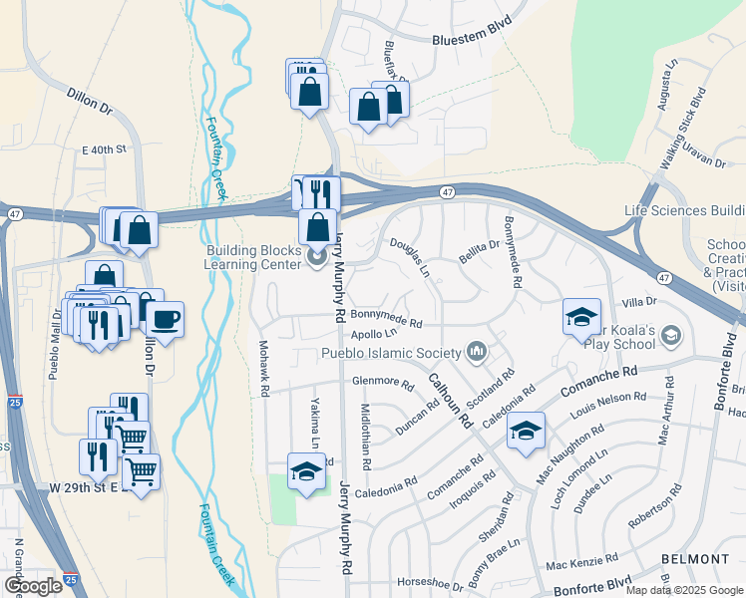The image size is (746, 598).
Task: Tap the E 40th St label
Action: click(x=105, y=149)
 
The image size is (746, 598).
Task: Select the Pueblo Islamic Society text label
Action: click(x=391, y=352)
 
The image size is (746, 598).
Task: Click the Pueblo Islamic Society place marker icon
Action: click(x=477, y=351)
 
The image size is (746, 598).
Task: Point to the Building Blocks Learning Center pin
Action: click(x=318, y=258)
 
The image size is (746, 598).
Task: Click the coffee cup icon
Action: click(x=166, y=320)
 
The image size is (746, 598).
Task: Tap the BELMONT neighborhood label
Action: click(x=695, y=559)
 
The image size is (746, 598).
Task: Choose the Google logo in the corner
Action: click(x=33, y=586)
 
